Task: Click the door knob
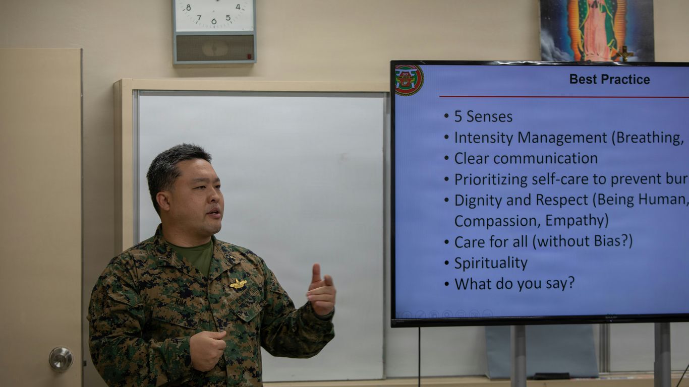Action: (61, 358)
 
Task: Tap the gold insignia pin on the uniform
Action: (238, 284)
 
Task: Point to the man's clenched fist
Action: (207, 349)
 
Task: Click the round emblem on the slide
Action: (409, 80)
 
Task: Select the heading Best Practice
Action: (609, 79)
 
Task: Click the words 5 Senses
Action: (483, 117)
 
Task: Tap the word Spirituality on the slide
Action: (491, 263)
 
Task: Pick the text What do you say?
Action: (514, 283)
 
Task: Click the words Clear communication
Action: (526, 158)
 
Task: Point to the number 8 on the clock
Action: (189, 8)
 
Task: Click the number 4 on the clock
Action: (238, 7)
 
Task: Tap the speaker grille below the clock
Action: (214, 48)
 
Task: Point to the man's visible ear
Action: (163, 201)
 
